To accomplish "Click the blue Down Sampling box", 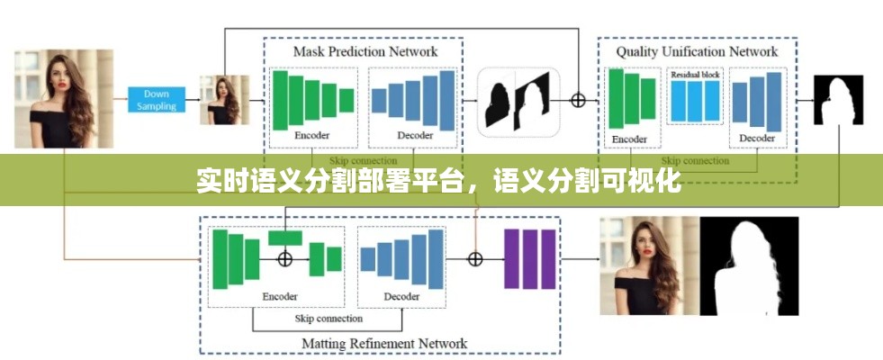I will tap(157, 100).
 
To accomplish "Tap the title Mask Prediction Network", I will tap(365, 51).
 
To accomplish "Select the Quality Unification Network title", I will tap(697, 51).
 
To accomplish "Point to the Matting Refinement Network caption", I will tap(384, 343).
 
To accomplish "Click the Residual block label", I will tap(695, 76).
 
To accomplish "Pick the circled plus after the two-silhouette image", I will tap(578, 100).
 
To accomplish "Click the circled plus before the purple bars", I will tap(475, 259).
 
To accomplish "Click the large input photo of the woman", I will tap(64, 99).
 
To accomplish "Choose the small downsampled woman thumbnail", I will tap(224, 100).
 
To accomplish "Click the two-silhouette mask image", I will tap(518, 102).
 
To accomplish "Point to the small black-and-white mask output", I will tap(838, 100).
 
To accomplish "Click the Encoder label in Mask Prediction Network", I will tap(312, 136).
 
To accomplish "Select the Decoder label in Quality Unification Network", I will tap(757, 139).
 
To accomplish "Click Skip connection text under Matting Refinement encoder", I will tap(329, 319).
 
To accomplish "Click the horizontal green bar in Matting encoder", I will tap(284, 238).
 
